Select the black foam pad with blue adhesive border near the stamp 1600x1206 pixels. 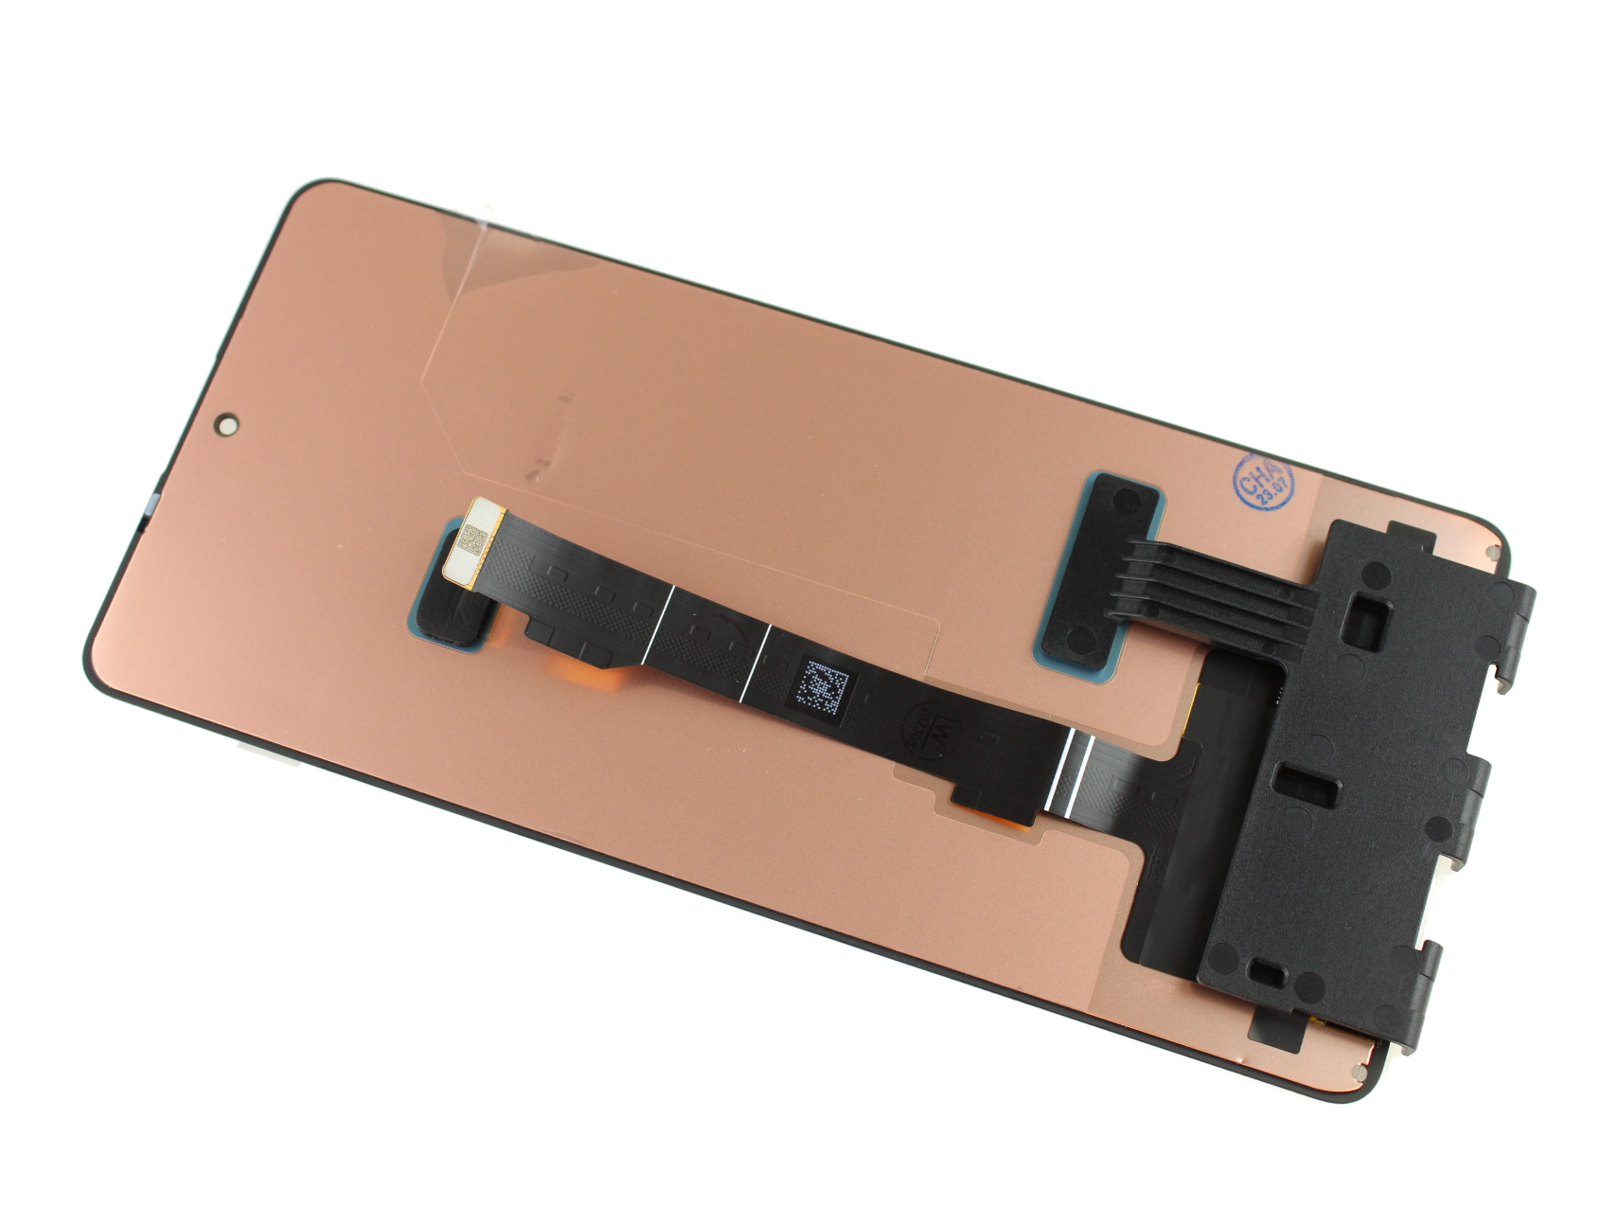tap(1103, 566)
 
